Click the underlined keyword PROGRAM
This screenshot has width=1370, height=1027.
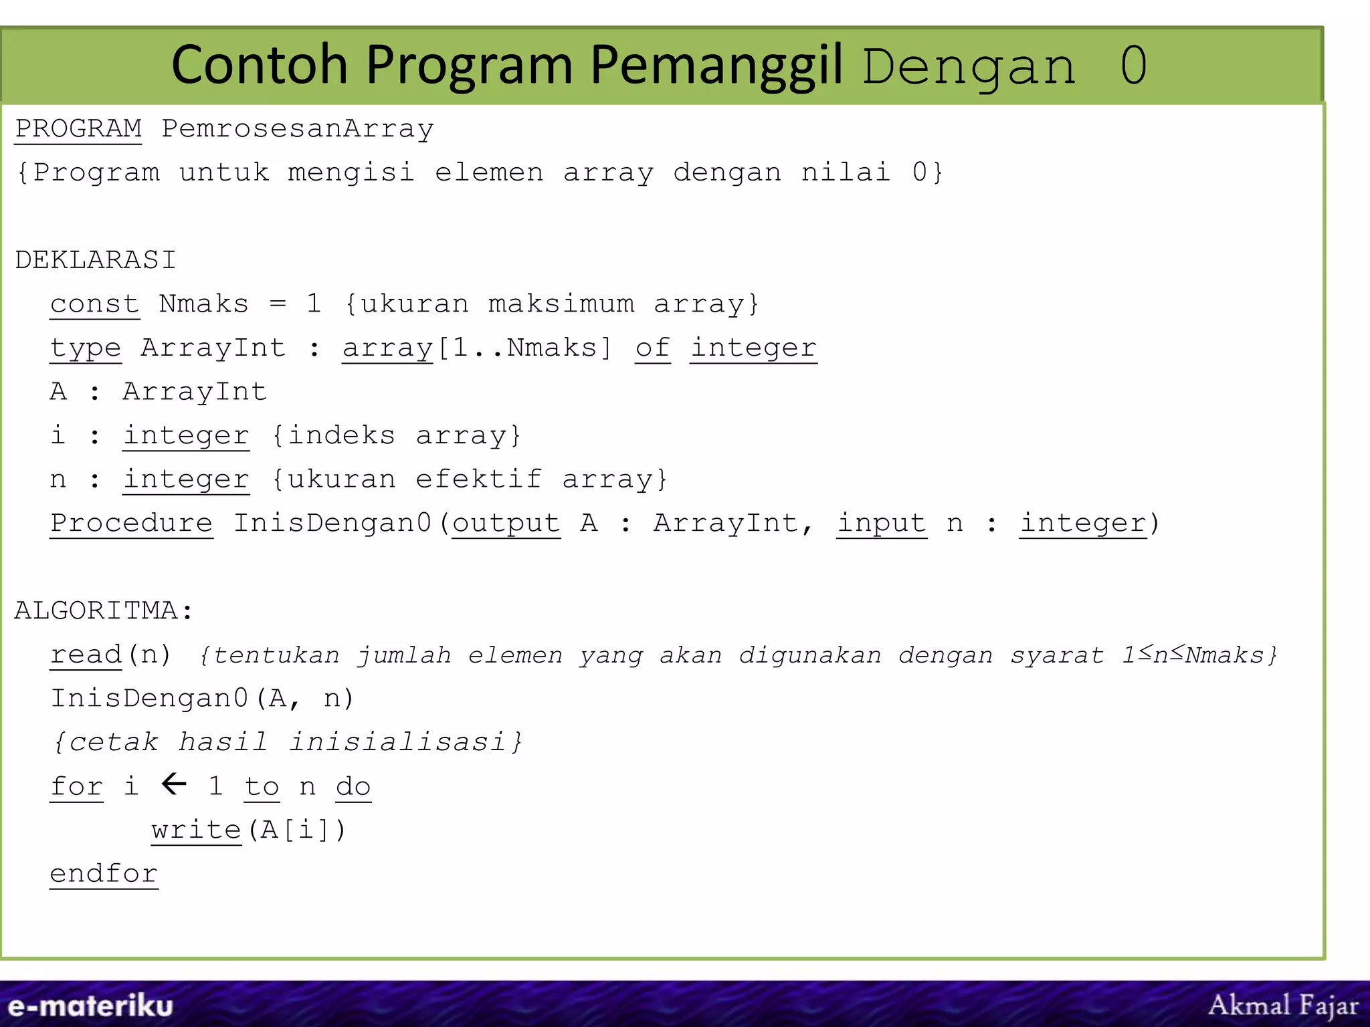coord(78,128)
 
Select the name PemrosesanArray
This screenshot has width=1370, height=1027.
coord(298,128)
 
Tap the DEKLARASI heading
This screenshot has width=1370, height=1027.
coord(95,259)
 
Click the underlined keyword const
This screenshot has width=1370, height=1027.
coord(94,304)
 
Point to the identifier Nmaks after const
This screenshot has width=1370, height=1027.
coord(203,304)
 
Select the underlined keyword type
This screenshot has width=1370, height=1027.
coord(86,348)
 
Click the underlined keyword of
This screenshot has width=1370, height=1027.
coord(652,348)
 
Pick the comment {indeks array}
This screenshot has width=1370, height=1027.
coord(396,436)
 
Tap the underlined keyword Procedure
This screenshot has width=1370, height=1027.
coord(131,523)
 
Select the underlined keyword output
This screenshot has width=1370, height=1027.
coord(506,523)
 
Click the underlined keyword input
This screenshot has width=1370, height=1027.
coord(882,523)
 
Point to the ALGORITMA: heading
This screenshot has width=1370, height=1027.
coord(104,610)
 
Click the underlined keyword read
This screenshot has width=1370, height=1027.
coord(86,655)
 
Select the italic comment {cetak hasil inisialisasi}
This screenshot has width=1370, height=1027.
coord(288,742)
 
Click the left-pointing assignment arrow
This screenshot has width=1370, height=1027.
coord(174,784)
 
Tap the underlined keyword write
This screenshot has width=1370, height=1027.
coord(196,830)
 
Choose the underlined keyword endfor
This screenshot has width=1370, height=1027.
coord(104,874)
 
